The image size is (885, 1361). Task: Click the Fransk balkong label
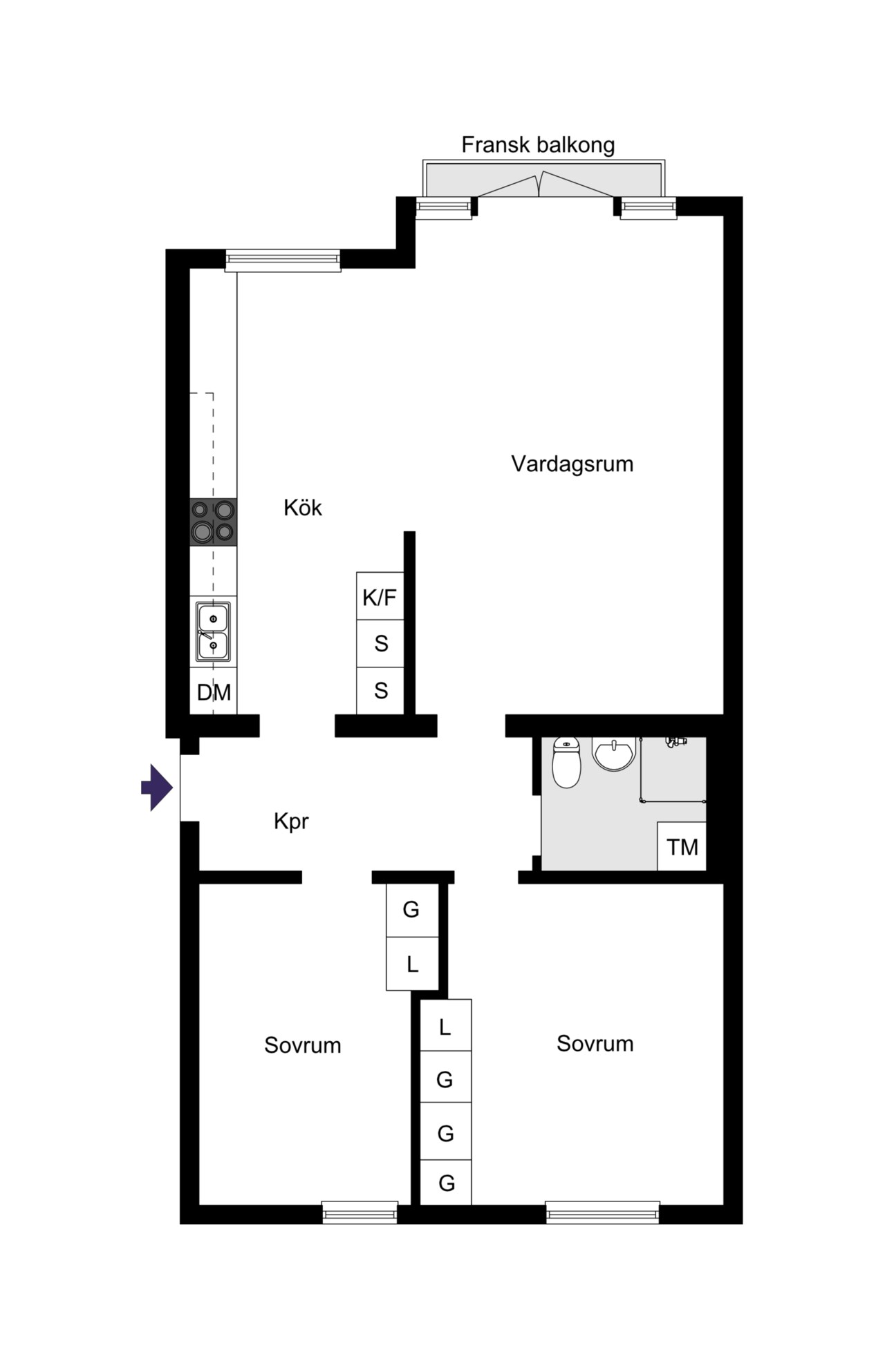538,145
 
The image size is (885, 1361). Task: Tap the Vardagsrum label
572,464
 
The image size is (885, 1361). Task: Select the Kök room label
303,508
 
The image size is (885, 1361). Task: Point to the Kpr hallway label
291,821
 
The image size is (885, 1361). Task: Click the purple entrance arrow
157,788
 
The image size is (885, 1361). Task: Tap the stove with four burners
214,522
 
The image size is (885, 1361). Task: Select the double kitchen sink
213,631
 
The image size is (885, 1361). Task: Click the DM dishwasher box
214,691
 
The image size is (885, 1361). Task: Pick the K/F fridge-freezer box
380,596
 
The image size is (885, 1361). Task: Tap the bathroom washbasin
613,753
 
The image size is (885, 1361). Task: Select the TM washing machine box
682,846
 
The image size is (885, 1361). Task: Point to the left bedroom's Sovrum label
303,1045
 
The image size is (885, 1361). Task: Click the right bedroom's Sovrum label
595,1043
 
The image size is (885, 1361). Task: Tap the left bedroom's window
360,1212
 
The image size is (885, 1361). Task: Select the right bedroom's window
602,1212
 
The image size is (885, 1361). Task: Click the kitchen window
283,260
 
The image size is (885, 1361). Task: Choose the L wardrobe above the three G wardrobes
445,1025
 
